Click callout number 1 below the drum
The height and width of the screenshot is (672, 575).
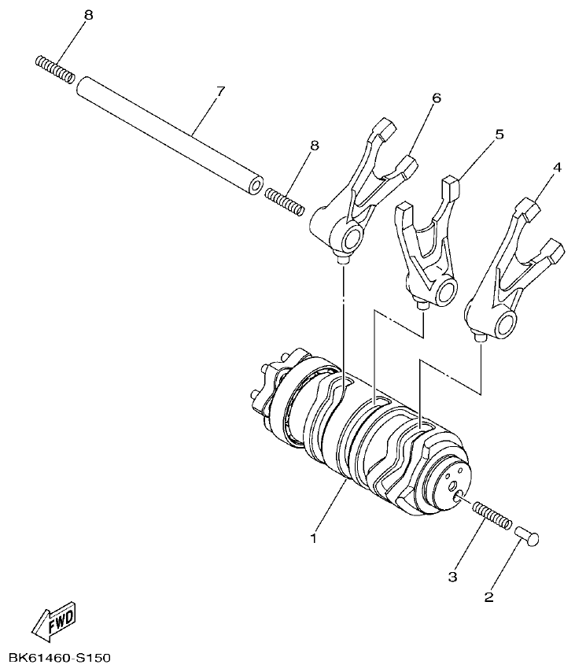[x=313, y=539]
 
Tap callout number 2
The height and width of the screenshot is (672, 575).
[x=488, y=597]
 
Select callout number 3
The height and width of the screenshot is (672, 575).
[x=452, y=577]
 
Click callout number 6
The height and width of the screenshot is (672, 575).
[x=436, y=98]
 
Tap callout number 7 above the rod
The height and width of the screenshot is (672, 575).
[x=220, y=92]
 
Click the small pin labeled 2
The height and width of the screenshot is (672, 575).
[x=528, y=537]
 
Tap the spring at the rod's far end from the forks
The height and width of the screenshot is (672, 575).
[x=55, y=69]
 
